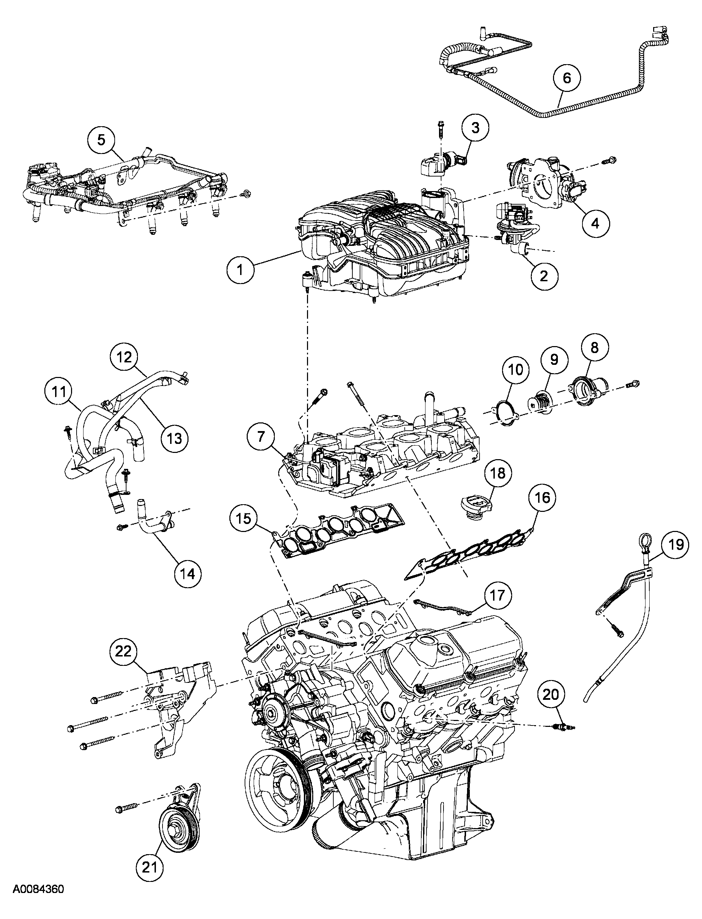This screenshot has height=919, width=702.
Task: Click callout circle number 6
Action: (567, 78)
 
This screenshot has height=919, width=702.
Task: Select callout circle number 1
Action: (240, 270)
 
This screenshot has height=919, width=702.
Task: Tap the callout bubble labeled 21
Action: (150, 865)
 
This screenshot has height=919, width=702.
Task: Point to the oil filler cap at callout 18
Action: (475, 507)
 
